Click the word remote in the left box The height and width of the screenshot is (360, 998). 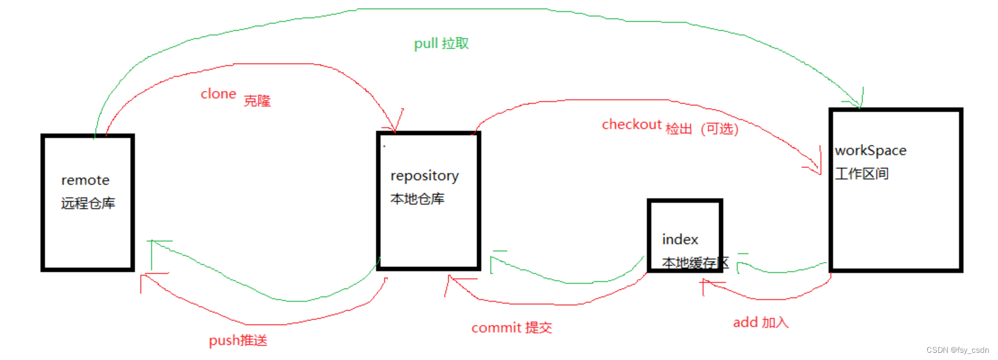(x=85, y=181)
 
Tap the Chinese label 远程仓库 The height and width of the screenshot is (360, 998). (x=88, y=203)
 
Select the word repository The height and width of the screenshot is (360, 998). (x=424, y=176)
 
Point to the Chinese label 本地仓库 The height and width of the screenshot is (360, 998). (x=417, y=199)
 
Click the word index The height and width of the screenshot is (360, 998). (x=680, y=239)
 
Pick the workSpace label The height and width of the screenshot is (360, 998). (x=870, y=151)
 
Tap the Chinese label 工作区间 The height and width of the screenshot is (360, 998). (x=861, y=174)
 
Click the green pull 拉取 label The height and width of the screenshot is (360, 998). (x=441, y=43)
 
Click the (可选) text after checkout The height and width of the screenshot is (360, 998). (x=719, y=129)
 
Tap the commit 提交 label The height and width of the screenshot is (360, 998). (x=511, y=328)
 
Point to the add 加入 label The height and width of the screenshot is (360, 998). (x=760, y=323)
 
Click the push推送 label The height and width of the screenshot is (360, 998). (x=238, y=341)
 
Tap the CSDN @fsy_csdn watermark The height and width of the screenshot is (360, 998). (x=957, y=350)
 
